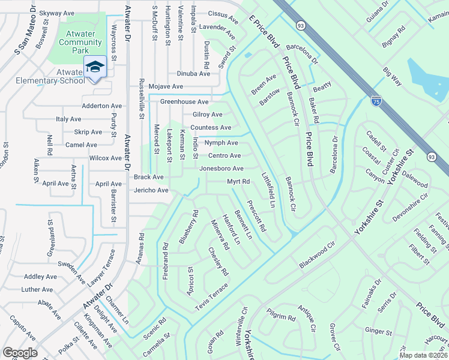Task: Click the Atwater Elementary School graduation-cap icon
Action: click(95, 67)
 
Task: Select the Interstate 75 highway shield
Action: click(376, 101)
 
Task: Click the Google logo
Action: click(20, 353)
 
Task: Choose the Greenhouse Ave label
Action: click(184, 102)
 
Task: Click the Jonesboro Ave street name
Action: click(221, 169)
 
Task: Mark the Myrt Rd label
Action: click(238, 181)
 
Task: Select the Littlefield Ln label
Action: click(268, 190)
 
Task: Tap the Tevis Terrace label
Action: click(211, 298)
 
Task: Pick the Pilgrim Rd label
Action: click(282, 317)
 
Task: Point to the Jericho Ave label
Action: click(150, 190)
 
